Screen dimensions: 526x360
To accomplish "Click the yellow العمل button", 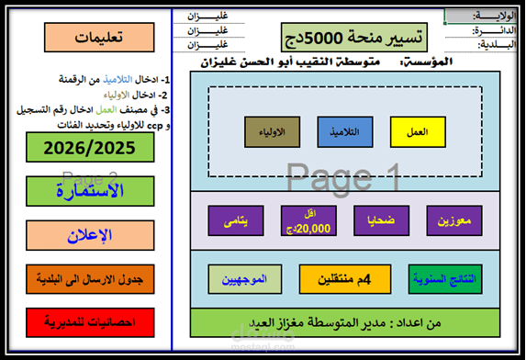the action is pos(418,132).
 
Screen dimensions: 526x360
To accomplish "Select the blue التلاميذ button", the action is pos(345,132).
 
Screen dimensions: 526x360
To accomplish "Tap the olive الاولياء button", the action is pos(272,132).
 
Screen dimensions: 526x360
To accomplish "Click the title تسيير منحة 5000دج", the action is pos(364,37).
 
